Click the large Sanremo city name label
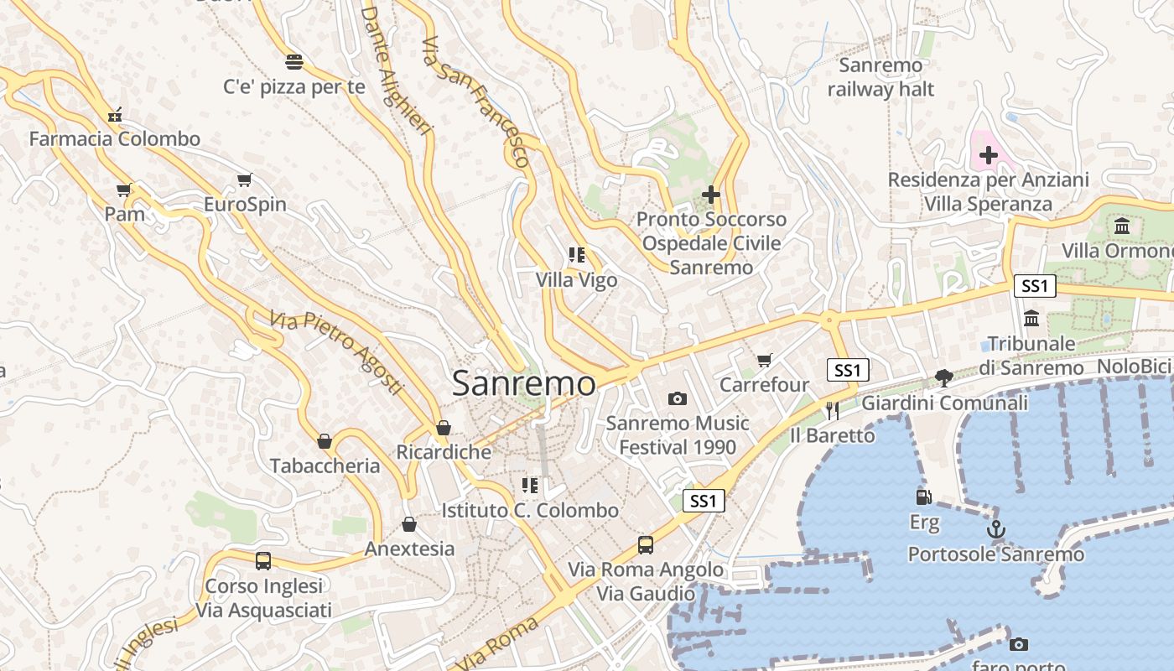point(524,384)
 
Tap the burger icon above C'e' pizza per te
point(293,61)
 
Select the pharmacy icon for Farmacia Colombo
point(115,114)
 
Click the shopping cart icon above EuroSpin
point(245,179)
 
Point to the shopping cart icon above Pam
point(124,190)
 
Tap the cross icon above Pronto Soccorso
point(711,195)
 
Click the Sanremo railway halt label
point(880,77)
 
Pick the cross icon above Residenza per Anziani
point(989,155)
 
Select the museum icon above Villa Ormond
point(1122,226)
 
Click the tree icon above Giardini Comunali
point(944,378)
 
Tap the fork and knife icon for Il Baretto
point(832,410)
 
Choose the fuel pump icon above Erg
point(924,497)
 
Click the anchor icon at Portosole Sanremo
point(995,529)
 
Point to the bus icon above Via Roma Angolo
point(646,544)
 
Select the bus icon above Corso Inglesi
point(263,560)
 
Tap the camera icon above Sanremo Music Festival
point(678,398)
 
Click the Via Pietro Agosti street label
point(335,353)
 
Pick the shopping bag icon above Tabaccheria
point(325,441)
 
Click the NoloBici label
point(1133,367)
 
